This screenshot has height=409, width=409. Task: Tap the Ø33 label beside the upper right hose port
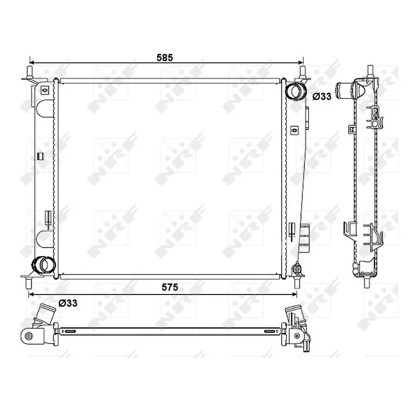click(322, 96)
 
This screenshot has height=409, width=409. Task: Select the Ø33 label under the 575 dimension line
click(67, 303)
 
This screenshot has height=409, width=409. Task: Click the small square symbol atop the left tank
click(44, 91)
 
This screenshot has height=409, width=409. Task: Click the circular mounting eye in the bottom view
click(29, 336)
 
